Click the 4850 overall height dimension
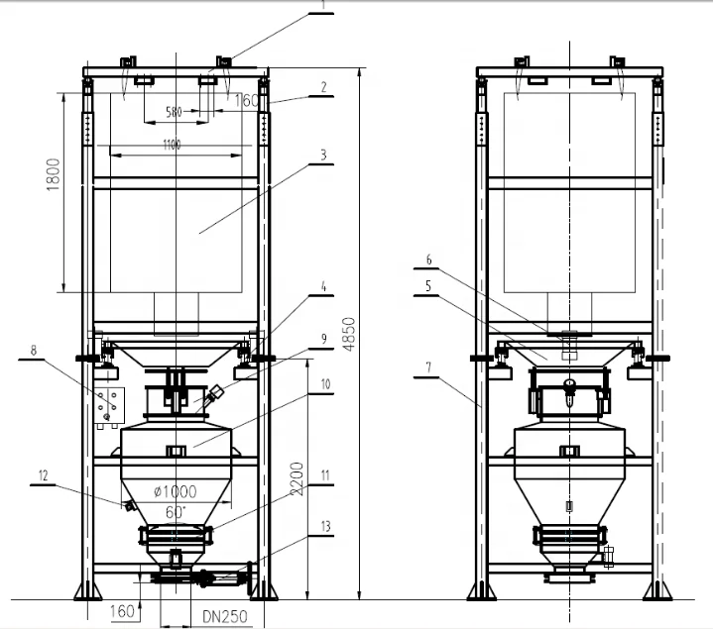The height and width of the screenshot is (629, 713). point(349,334)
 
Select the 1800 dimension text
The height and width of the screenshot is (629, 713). point(54,174)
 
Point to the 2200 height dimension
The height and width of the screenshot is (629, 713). point(297,478)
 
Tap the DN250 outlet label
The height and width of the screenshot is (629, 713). point(225,617)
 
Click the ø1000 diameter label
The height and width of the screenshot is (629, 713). point(176,491)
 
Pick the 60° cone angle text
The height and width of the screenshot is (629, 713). point(176,512)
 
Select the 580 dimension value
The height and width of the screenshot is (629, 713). point(174,112)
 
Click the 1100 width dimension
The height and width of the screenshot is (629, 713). point(172,145)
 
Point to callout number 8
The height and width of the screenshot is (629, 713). point(33,350)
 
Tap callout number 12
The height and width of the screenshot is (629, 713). point(44,475)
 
